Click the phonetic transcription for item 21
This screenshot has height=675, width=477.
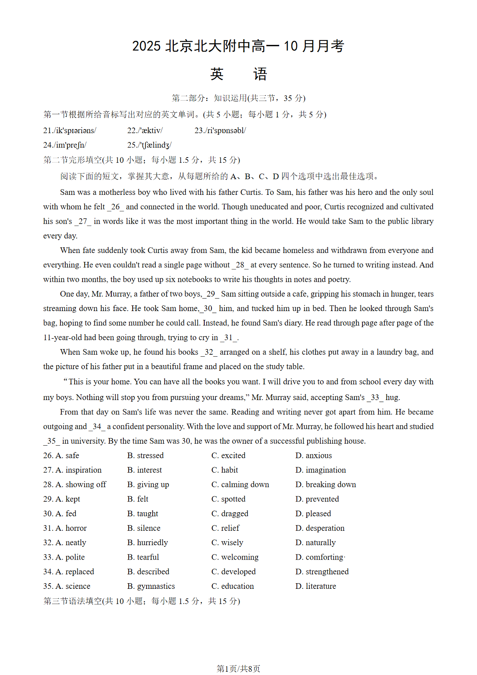tap(70, 131)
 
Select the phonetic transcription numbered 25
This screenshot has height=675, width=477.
tap(149, 145)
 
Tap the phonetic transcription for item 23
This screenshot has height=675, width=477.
tap(220, 131)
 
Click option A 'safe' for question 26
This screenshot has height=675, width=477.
tap(67, 456)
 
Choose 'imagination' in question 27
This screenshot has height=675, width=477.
tap(321, 470)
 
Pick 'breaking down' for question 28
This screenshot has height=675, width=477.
tap(326, 485)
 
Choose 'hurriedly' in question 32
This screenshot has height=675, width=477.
tap(147, 543)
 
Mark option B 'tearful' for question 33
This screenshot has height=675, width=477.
tap(143, 557)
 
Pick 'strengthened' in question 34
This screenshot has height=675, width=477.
tap(322, 572)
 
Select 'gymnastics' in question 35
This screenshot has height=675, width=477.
tap(151, 586)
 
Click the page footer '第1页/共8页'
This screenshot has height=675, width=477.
tap(238, 669)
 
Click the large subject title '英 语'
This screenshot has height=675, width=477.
tap(238, 74)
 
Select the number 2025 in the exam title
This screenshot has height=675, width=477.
tap(146, 46)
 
